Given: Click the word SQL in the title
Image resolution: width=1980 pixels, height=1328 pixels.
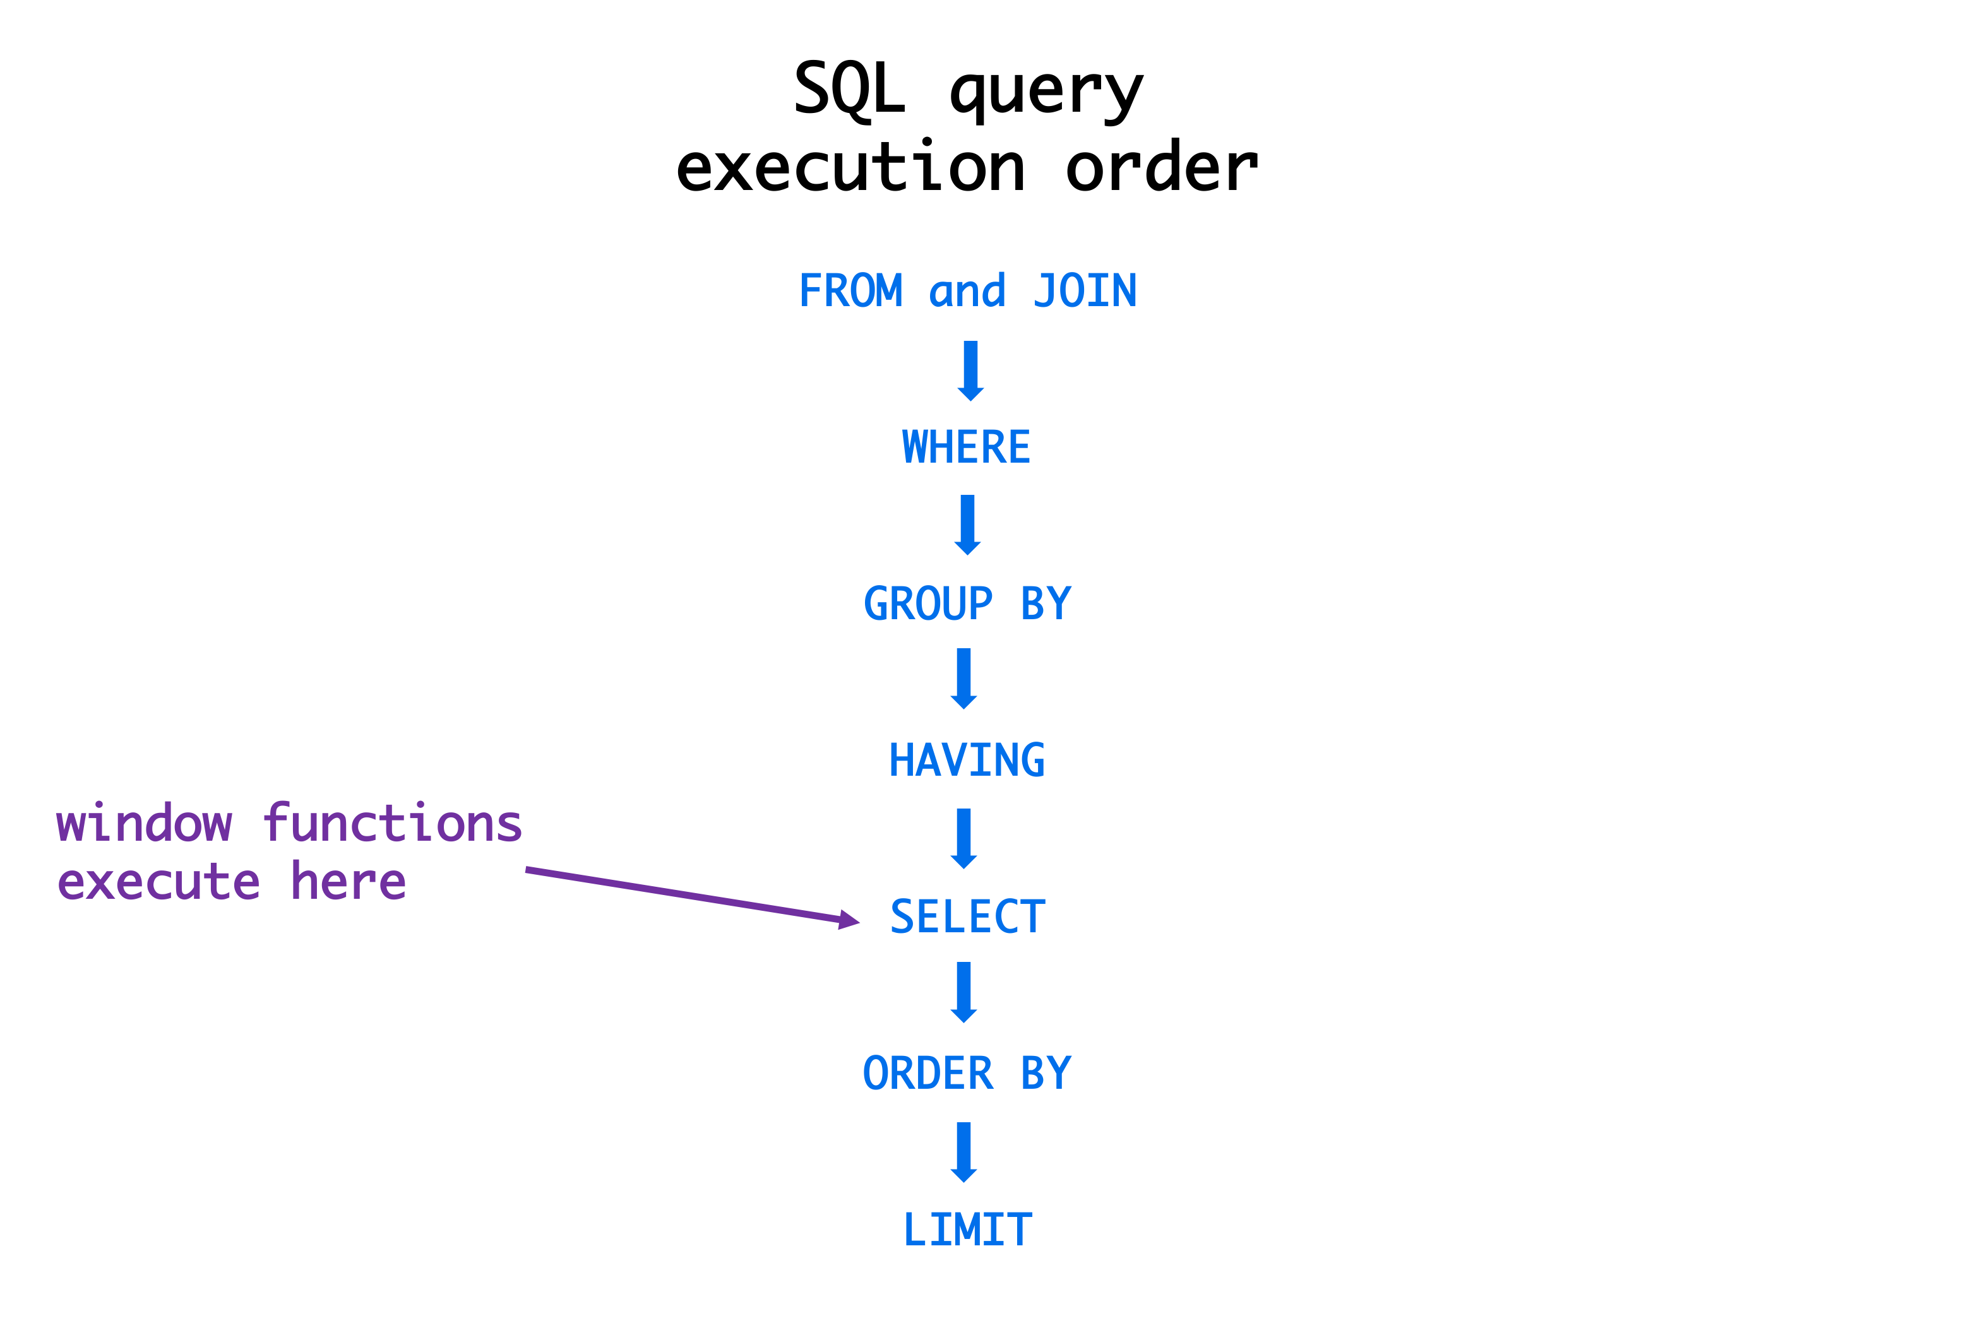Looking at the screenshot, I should coord(849,89).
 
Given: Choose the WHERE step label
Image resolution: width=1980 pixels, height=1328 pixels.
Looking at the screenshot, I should coord(966,447).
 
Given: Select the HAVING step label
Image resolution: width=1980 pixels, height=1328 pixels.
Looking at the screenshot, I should coord(966,761).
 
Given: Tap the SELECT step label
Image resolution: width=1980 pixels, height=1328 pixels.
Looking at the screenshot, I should coord(967,917).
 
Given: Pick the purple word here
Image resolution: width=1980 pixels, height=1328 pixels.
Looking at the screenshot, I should coord(349,882).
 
